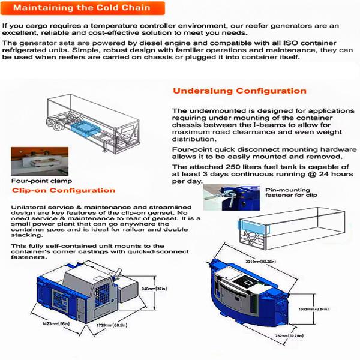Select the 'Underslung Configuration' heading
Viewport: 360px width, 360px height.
pos(239,91)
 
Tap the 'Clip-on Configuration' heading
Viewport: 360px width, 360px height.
pos(63,190)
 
